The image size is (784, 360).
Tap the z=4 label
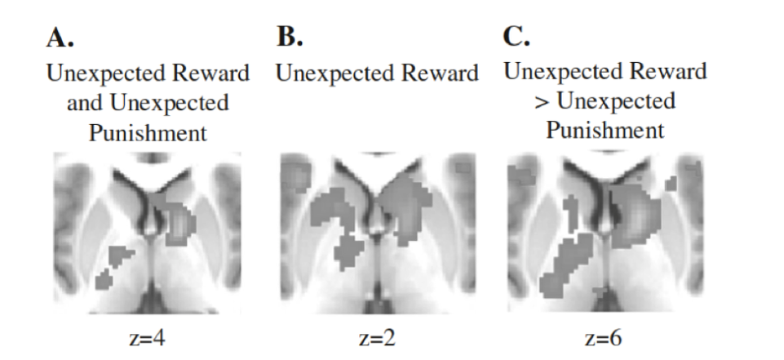(148, 337)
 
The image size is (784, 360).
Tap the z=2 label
(378, 337)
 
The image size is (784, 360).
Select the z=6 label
(605, 337)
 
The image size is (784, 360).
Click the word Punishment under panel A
(148, 133)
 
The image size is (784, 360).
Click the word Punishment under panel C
(605, 130)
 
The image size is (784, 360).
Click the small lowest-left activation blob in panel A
(103, 281)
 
